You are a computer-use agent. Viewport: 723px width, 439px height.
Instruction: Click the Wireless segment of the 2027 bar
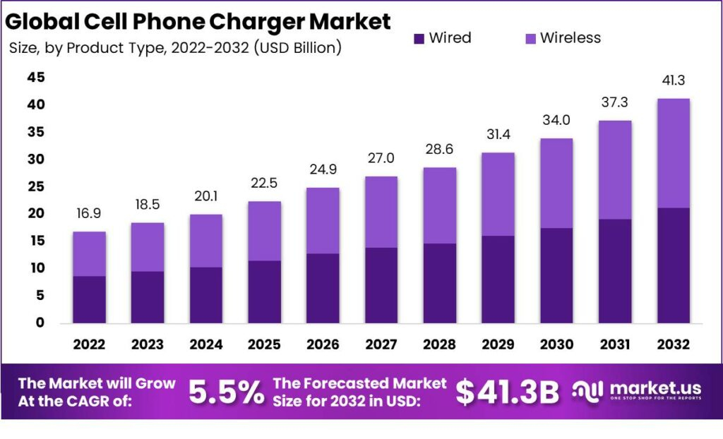point(381,212)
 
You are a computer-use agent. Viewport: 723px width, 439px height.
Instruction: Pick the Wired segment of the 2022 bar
point(89,299)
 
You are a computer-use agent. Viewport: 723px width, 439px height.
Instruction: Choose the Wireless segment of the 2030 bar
point(556,183)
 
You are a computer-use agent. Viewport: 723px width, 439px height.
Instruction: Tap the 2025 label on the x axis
point(264,344)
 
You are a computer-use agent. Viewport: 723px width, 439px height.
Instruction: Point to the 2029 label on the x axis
point(498,344)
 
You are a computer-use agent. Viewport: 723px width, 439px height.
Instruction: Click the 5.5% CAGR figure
point(226,392)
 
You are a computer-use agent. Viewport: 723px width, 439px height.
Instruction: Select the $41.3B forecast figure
point(507,392)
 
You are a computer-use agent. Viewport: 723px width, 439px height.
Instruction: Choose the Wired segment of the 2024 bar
point(205,294)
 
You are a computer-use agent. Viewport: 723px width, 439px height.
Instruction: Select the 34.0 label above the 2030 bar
point(556,121)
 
